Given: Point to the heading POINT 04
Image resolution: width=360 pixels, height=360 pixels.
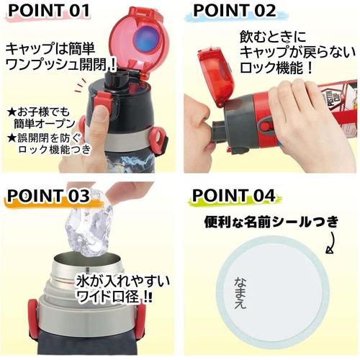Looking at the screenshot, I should (x=235, y=197).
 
